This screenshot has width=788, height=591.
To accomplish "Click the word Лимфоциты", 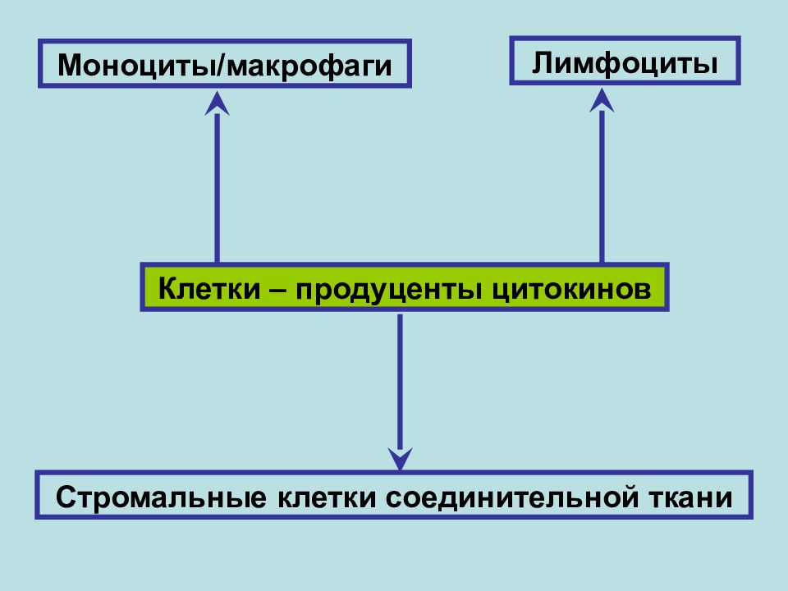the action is pyautogui.click(x=625, y=64).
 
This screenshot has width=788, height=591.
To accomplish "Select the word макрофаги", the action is pyautogui.click(x=309, y=66).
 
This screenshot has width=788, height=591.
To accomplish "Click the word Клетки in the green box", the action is pyautogui.click(x=209, y=289).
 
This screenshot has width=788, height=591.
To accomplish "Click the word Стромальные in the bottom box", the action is pyautogui.click(x=161, y=498).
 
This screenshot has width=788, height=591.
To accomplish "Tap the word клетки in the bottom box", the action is pyautogui.click(x=327, y=497).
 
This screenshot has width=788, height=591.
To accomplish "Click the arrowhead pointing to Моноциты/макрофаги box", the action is pyautogui.click(x=217, y=103).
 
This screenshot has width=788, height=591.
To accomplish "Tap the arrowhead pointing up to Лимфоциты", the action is pyautogui.click(x=602, y=100).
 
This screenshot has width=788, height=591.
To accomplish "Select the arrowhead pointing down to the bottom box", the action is pyautogui.click(x=400, y=459).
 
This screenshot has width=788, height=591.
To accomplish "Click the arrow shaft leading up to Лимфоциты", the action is pyautogui.click(x=602, y=187).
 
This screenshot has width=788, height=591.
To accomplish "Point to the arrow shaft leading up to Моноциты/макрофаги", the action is pyautogui.click(x=217, y=189).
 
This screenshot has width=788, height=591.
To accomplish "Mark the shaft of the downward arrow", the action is pyautogui.click(x=400, y=382).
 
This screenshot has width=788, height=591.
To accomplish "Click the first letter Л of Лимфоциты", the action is pyautogui.click(x=543, y=63).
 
